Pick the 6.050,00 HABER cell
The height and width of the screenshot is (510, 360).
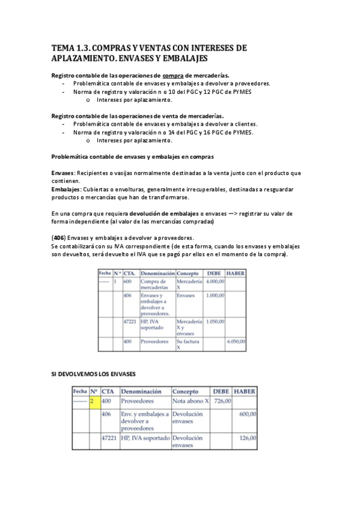(x=236, y=342)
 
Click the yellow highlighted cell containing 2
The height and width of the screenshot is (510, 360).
(x=94, y=401)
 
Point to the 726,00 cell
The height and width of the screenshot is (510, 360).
(x=222, y=401)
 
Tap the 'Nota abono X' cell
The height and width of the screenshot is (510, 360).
(x=191, y=401)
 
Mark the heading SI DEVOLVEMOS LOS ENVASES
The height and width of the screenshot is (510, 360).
(x=93, y=374)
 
